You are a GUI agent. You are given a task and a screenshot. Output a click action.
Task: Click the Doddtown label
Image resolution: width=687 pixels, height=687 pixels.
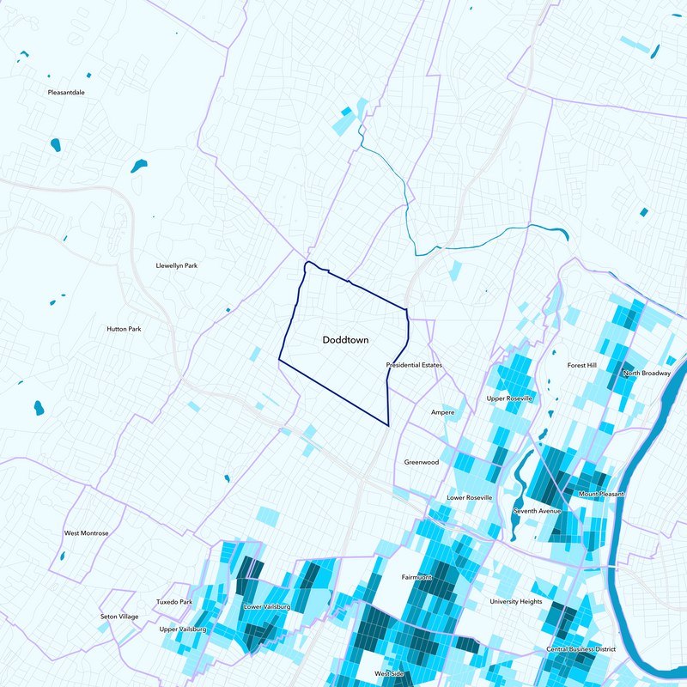coord(345,341)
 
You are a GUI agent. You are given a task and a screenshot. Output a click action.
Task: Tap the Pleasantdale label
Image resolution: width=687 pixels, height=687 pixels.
coord(66,92)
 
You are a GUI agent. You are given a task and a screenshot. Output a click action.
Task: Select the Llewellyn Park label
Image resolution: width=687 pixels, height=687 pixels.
coord(176,266)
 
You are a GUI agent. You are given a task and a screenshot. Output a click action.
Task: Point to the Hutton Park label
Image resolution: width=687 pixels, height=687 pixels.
coord(124,329)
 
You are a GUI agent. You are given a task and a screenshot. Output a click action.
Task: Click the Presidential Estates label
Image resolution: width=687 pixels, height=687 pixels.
coord(414,366)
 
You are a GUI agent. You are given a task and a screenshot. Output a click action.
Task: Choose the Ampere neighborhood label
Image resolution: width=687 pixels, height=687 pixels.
coord(442,412)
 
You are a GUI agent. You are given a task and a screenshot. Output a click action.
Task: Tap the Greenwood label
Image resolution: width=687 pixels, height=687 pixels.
coord(422,462)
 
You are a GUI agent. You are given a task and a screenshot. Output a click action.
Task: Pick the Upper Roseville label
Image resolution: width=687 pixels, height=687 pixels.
coord(509,398)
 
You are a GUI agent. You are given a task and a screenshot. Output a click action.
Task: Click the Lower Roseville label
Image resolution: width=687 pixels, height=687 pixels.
coord(470,498)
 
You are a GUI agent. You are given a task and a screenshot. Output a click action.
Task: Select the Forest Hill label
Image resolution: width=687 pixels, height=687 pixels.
coord(581,365)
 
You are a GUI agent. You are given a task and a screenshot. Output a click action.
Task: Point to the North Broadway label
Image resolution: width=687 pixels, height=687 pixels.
coord(647,374)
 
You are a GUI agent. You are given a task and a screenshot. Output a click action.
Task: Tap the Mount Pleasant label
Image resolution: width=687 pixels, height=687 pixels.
coord(601,495)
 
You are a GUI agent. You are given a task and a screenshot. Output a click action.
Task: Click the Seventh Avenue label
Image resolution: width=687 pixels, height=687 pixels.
coord(537,512)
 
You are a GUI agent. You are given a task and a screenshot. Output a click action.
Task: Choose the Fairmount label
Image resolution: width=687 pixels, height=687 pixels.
coord(416,578)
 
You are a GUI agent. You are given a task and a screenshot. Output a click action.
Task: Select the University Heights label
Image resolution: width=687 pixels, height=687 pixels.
coord(516,602)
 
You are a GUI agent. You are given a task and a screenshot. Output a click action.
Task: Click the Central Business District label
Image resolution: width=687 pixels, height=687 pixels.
coord(581,649)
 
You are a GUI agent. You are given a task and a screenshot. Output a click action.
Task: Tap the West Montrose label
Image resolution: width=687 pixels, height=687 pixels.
coord(87,533)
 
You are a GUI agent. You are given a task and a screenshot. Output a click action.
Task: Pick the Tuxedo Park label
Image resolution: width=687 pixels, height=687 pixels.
coord(174,602)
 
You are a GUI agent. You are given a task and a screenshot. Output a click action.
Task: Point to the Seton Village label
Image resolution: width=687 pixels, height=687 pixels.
coord(119,617)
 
